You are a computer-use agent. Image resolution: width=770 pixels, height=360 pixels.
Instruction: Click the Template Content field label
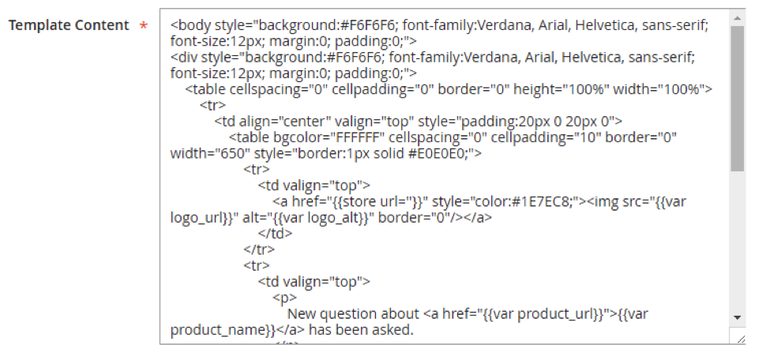pyautogui.click(x=68, y=25)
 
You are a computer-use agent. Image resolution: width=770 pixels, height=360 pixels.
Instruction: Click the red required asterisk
pyautogui.click(x=143, y=26)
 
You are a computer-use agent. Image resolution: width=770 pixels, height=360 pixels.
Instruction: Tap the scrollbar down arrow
pyautogui.click(x=738, y=317)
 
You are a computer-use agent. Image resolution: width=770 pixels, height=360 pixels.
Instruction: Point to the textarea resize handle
pyautogui.click(x=739, y=337)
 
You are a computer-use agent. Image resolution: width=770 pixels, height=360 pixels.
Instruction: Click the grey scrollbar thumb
pyautogui.click(x=738, y=99)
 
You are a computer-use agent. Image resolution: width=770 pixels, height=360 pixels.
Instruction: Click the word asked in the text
pyautogui.click(x=393, y=330)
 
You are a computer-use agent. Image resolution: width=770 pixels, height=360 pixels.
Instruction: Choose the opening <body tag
pyautogui.click(x=186, y=24)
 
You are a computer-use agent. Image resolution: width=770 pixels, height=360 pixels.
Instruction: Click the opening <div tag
pyautogui.click(x=182, y=57)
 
